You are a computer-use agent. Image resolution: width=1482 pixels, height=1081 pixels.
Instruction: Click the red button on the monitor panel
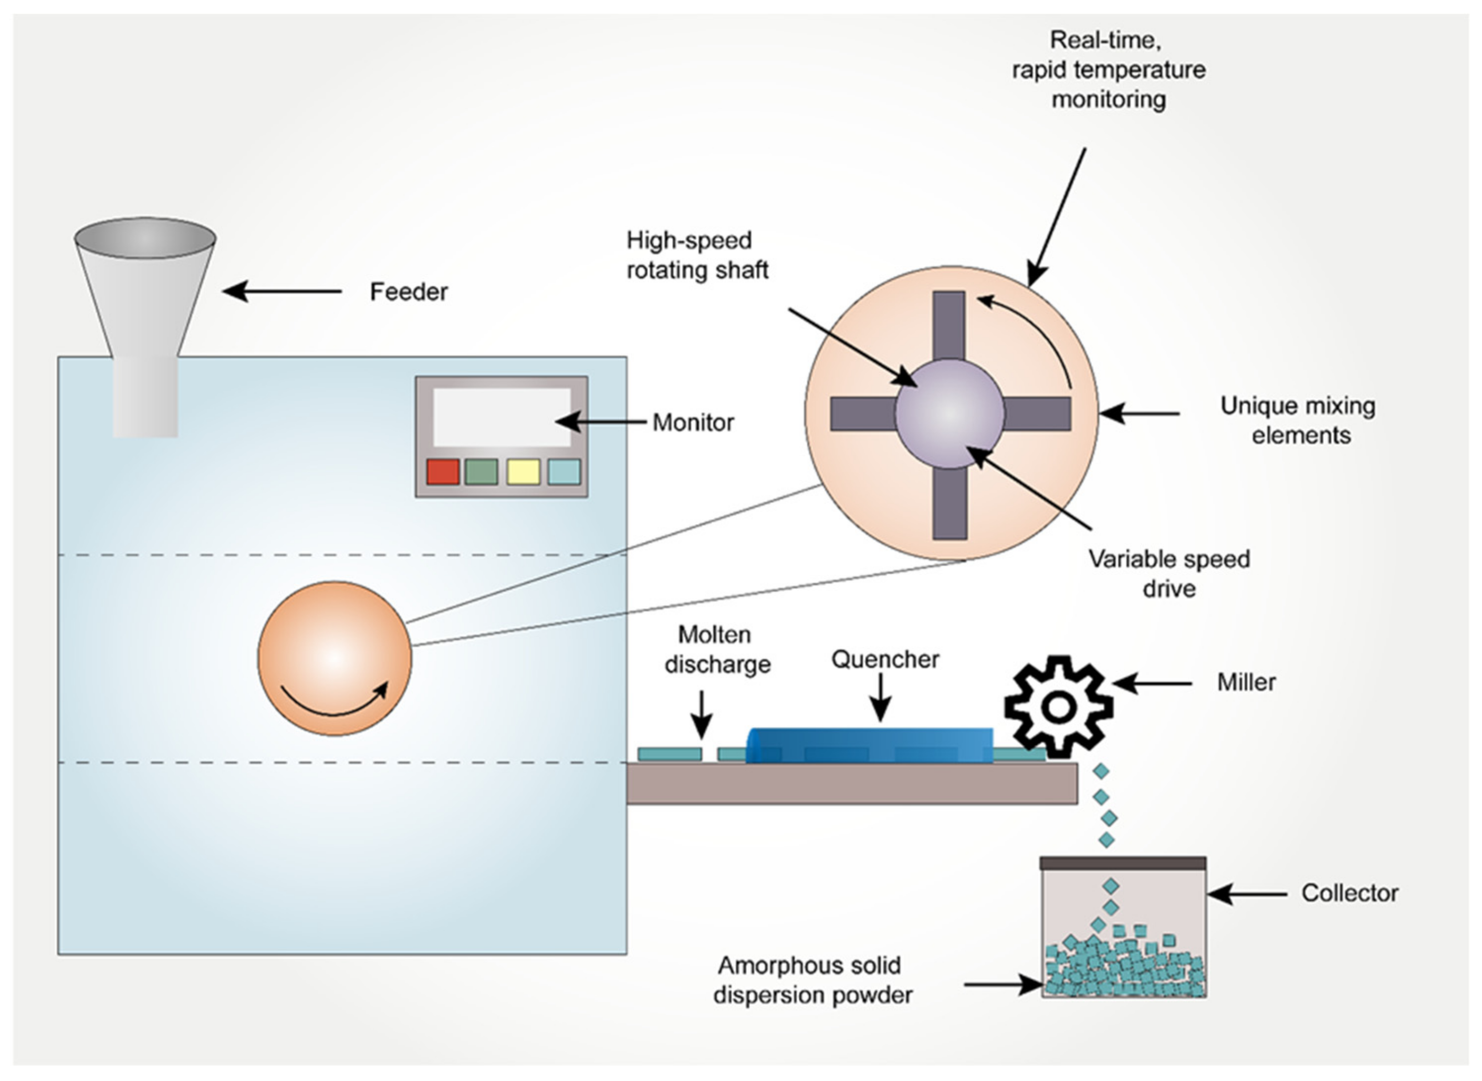tap(442, 472)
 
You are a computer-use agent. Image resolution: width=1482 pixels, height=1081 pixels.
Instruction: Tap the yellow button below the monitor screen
tap(524, 472)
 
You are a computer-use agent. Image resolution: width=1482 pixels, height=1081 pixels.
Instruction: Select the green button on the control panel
tap(481, 472)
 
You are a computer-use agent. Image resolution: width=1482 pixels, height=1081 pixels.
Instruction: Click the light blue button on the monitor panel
tap(563, 472)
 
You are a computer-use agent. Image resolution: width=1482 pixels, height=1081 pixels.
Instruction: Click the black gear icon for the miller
tap(1058, 706)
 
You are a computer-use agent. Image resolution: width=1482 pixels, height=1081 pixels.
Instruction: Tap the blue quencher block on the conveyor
tap(869, 745)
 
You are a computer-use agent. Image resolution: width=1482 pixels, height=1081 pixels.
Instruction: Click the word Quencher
tap(884, 659)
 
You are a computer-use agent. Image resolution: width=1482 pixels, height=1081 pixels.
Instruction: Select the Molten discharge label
tap(717, 650)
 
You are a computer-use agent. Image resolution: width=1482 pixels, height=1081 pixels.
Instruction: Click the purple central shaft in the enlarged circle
tap(949, 413)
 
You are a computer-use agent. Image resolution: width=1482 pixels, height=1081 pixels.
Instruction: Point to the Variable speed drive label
tap(1168, 574)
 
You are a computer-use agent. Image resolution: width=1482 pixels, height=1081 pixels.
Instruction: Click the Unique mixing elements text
tap(1298, 421)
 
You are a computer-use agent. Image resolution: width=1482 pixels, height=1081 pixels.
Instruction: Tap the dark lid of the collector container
tap(1123, 863)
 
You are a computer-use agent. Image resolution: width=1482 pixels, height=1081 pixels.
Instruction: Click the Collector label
tap(1349, 893)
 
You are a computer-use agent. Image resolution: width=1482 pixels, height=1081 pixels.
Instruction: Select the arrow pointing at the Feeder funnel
tap(281, 291)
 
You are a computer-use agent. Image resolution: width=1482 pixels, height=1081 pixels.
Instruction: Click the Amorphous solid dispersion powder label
tap(811, 980)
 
